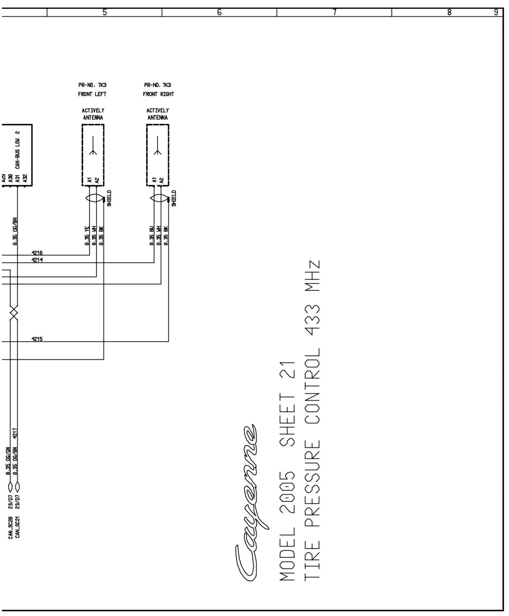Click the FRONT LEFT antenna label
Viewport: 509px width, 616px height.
click(x=92, y=94)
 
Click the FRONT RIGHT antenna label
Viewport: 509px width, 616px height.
click(x=158, y=94)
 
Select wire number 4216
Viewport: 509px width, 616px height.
click(x=37, y=253)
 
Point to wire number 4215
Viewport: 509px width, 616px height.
click(x=37, y=339)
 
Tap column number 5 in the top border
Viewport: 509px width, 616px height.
click(x=104, y=12)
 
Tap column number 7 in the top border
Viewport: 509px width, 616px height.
click(x=334, y=12)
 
